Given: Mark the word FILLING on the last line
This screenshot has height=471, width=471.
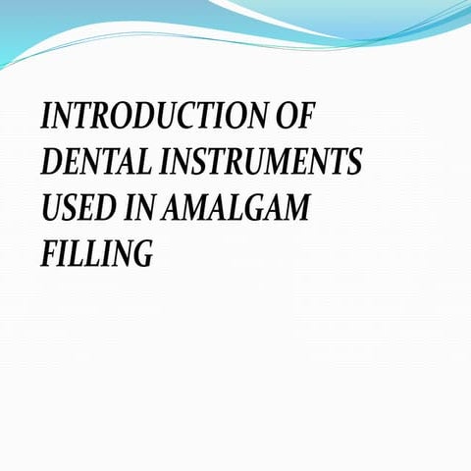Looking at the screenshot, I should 97,254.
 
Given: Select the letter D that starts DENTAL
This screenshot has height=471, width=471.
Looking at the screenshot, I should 50,162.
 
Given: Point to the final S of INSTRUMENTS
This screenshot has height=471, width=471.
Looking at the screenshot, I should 354,162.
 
